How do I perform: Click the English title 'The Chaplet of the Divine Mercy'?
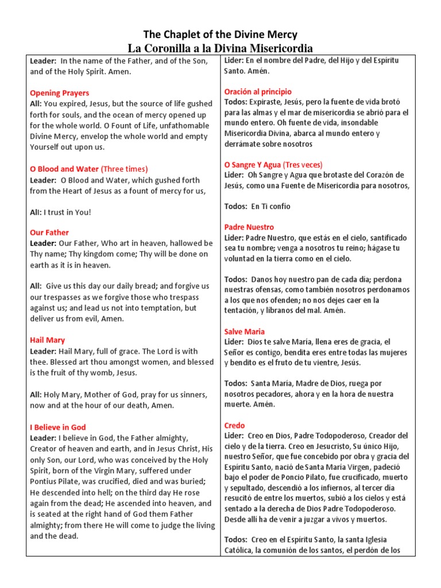pyautogui.click(x=220, y=34)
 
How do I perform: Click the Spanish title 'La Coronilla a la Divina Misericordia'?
pyautogui.click(x=220, y=48)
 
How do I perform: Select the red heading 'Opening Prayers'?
pyautogui.click(x=59, y=93)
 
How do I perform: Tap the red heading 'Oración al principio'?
pyautogui.click(x=258, y=91)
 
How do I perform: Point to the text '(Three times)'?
pyautogui.click(x=125, y=169)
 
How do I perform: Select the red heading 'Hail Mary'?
pyautogui.click(x=47, y=340)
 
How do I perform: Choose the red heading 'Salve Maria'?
pyautogui.click(x=244, y=331)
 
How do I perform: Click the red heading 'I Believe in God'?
pyautogui.click(x=57, y=427)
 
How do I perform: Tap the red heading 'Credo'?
pyautogui.click(x=234, y=425)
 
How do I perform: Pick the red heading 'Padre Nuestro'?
pyautogui.click(x=249, y=227)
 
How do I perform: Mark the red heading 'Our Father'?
pyautogui.click(x=49, y=233)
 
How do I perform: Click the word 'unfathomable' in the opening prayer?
pyautogui.click(x=172, y=125)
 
